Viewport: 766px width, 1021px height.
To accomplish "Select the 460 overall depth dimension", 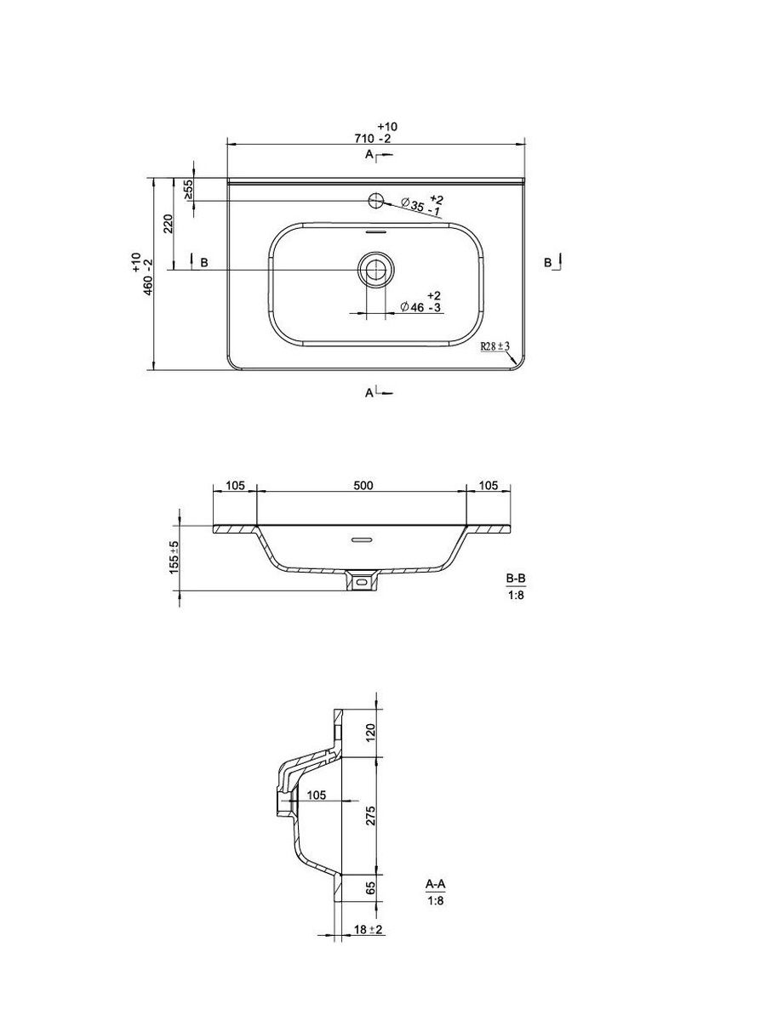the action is tap(142, 275).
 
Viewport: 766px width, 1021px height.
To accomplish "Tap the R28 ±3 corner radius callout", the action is tap(495, 346).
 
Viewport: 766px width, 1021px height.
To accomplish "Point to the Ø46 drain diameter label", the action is tap(420, 302).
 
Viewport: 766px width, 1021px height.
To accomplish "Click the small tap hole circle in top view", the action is tap(375, 201).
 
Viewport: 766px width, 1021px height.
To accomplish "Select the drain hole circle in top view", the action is tap(376, 270).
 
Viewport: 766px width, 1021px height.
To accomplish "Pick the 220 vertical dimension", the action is tap(169, 224).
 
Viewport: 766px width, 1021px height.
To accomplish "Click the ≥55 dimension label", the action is tap(188, 190).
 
